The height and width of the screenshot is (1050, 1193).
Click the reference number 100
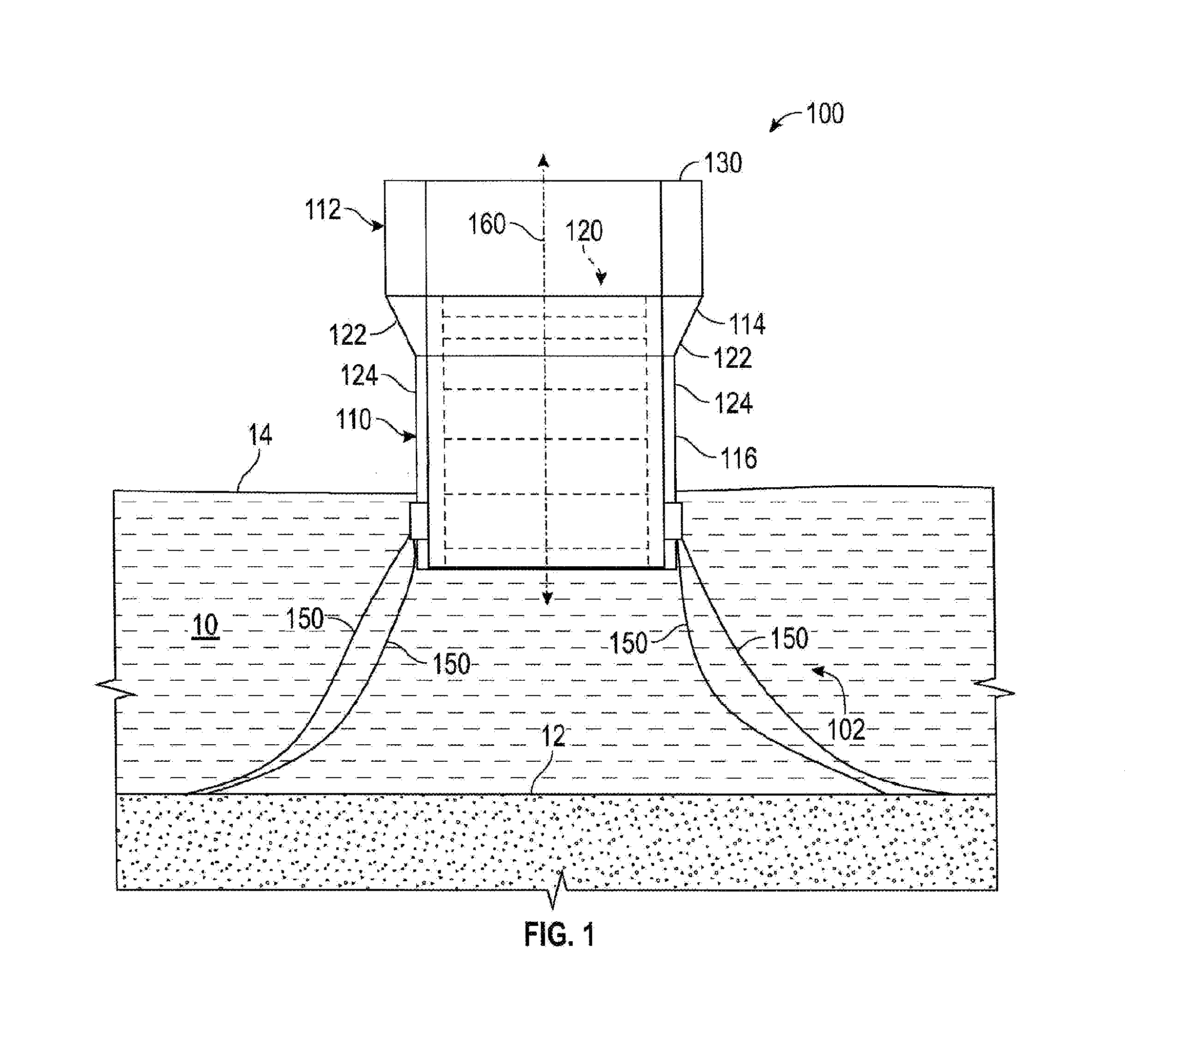825,114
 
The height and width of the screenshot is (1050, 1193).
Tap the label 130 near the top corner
723,163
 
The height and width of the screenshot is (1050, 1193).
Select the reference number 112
323,210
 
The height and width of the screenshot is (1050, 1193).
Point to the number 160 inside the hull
487,224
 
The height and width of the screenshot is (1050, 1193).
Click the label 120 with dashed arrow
583,231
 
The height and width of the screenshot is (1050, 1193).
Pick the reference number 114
747,324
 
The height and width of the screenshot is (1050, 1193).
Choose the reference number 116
739,459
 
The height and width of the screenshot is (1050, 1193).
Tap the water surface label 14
260,435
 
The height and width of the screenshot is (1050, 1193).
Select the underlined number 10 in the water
206,625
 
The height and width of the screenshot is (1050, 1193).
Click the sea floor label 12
553,737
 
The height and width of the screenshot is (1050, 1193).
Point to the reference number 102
846,729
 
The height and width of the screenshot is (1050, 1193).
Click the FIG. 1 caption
559,935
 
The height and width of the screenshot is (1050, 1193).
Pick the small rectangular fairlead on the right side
673,521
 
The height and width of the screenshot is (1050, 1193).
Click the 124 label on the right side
734,404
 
